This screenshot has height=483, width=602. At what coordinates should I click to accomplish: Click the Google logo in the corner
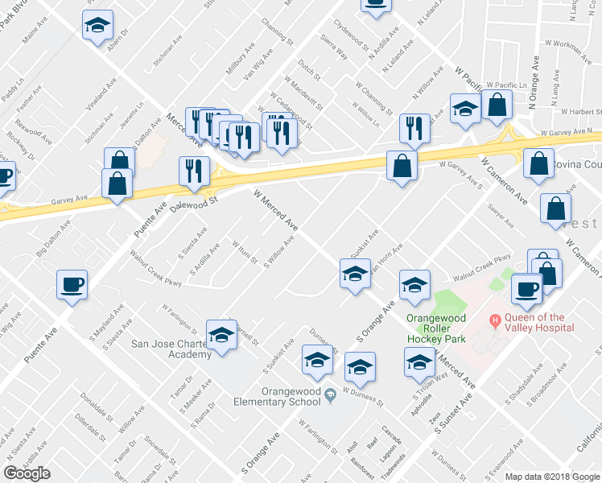click(27, 473)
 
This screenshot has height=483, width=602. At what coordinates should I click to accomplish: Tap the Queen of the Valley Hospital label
click(538, 322)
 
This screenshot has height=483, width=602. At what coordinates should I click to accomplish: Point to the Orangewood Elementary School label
click(276, 394)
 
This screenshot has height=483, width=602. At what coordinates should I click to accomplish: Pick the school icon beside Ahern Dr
click(98, 26)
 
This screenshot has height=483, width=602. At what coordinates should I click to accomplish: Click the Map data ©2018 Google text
click(551, 476)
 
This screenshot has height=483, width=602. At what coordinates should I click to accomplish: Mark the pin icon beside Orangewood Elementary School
click(331, 394)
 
